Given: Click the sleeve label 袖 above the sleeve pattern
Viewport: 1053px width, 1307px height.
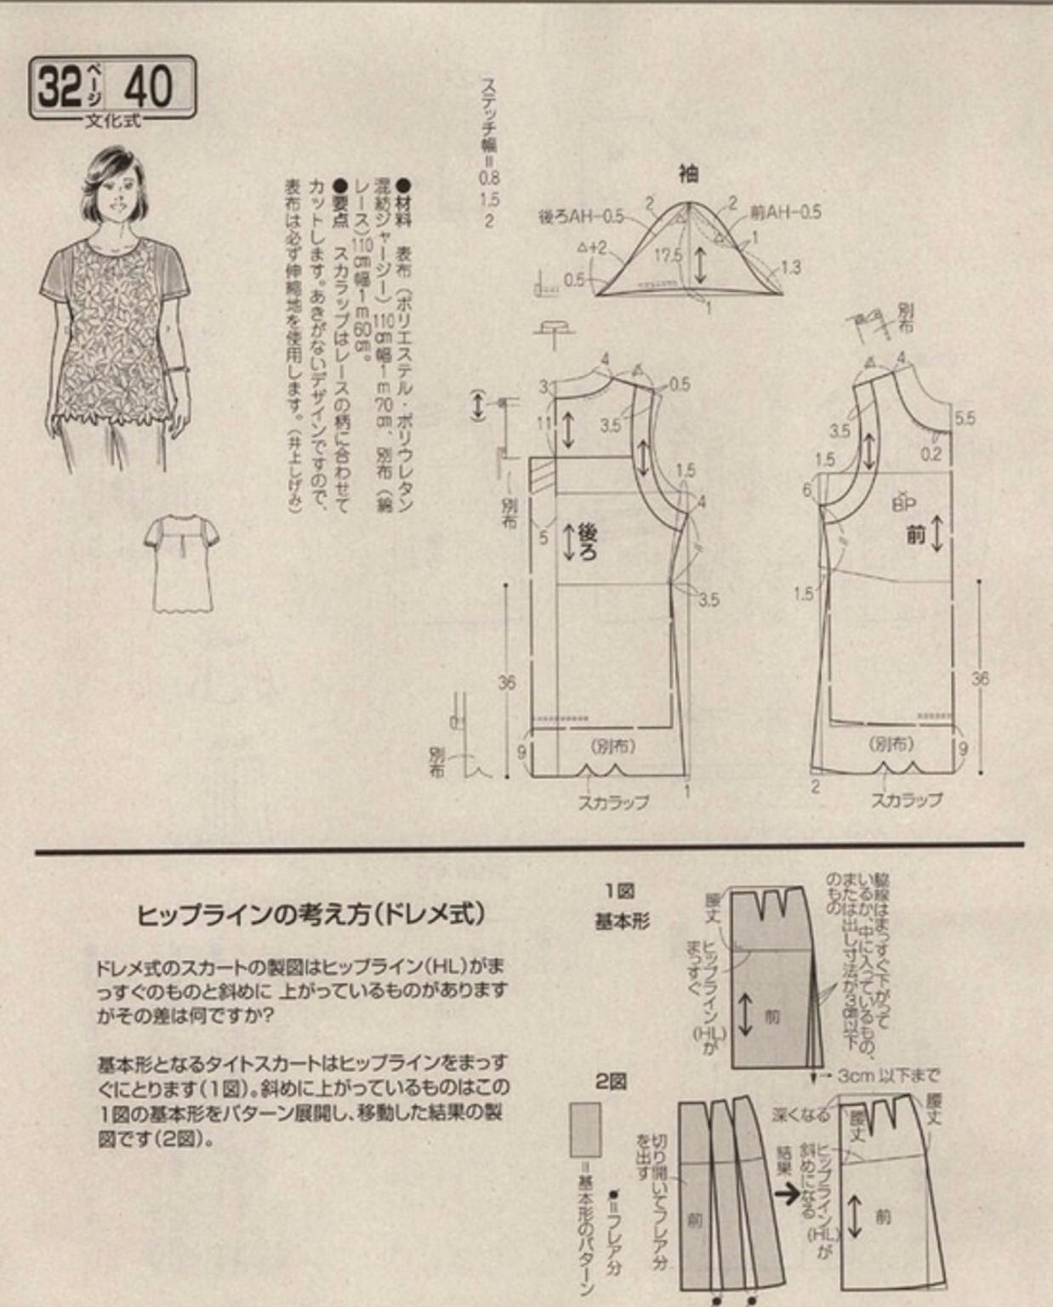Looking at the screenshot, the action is (x=688, y=174).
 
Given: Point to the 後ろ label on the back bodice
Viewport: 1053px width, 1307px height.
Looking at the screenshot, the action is (x=587, y=543).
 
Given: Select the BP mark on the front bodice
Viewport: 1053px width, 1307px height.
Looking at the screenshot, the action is (x=904, y=504).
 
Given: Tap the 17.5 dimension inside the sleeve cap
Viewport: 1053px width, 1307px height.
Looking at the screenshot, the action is (x=669, y=255).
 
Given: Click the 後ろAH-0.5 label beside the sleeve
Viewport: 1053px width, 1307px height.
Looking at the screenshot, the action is (x=581, y=217).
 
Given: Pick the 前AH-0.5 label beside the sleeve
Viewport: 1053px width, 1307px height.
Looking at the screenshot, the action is (x=786, y=213).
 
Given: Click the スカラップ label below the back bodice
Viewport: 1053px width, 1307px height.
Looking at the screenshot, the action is (x=613, y=801).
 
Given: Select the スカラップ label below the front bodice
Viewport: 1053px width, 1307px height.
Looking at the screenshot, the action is (x=906, y=799).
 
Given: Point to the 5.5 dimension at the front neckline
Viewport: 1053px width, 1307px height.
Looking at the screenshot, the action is (x=965, y=418).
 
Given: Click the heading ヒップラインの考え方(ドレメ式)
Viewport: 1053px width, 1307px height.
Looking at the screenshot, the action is (x=311, y=914).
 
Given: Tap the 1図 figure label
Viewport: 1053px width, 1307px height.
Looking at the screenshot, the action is (x=620, y=891).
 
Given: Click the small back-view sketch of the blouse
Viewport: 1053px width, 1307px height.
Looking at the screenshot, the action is (x=181, y=563).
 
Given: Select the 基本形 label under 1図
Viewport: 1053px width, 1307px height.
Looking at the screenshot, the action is (x=622, y=921).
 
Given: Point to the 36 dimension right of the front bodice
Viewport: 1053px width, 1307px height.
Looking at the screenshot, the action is (x=980, y=679).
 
